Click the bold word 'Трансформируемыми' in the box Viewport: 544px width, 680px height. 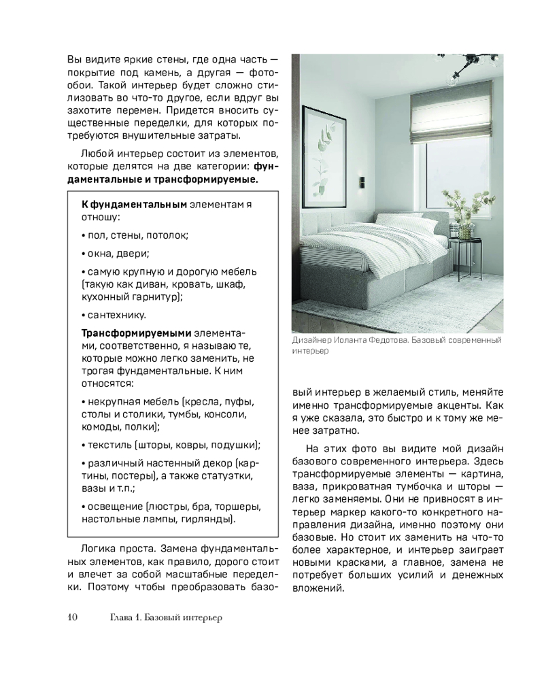136,334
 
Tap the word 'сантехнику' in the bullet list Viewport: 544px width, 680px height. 116,315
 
